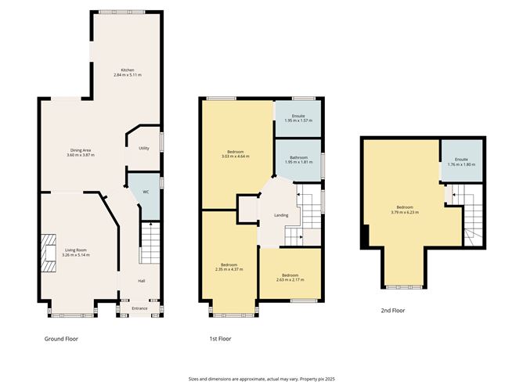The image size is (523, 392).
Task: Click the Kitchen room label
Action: (x=127, y=69)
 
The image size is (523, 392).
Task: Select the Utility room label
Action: (x=144, y=148)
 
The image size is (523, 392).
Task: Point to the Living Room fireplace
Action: (x=48, y=253)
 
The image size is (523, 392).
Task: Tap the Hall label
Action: (x=142, y=281)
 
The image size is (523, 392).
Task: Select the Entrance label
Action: (x=139, y=308)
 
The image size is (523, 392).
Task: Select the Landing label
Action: (x=281, y=215)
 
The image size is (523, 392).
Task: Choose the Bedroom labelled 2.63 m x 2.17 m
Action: (x=290, y=279)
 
